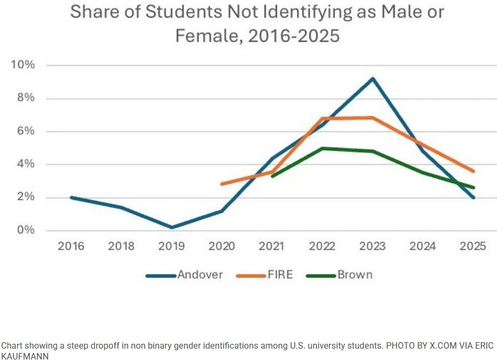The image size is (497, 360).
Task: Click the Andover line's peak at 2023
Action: (x=373, y=79)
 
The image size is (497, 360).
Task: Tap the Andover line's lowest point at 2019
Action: (x=171, y=228)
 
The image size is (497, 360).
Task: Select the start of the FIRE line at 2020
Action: (x=222, y=184)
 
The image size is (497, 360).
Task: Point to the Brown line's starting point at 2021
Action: (x=272, y=176)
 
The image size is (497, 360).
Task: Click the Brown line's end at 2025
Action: (x=474, y=188)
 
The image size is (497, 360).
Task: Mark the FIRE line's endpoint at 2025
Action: (x=474, y=171)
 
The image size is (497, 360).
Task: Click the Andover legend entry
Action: (x=199, y=275)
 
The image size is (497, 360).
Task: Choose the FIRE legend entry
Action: (x=280, y=275)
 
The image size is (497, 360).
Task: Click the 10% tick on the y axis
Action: (x=23, y=65)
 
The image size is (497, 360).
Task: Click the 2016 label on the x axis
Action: (x=71, y=246)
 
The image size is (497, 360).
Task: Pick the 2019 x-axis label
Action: (x=171, y=246)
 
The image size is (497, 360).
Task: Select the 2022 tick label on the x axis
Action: (x=322, y=246)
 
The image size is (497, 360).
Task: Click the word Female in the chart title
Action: (x=203, y=36)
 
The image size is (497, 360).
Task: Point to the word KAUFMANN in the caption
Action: (x=25, y=355)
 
